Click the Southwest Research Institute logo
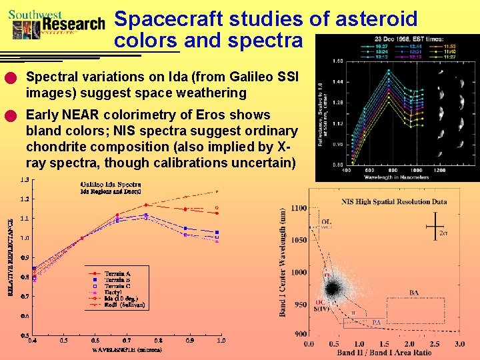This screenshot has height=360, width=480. click(57, 24)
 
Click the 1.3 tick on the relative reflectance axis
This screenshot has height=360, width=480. click(23, 180)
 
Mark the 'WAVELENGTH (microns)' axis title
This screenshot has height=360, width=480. click(124, 349)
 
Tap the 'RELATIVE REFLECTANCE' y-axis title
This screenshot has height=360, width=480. click(10, 257)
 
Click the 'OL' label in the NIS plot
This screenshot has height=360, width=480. click(326, 222)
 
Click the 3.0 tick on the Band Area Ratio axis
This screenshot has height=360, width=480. click(459, 344)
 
